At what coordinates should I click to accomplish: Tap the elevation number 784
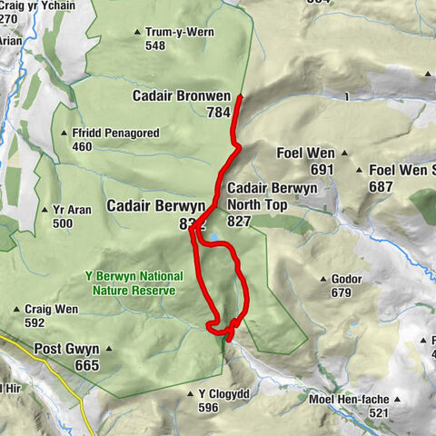[218, 114]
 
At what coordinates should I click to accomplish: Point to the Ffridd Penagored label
[114, 134]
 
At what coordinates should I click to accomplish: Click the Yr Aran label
[74, 210]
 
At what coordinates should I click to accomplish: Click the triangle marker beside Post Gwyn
[108, 348]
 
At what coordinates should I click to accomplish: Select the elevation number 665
[87, 365]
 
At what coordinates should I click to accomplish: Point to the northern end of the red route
[240, 95]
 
